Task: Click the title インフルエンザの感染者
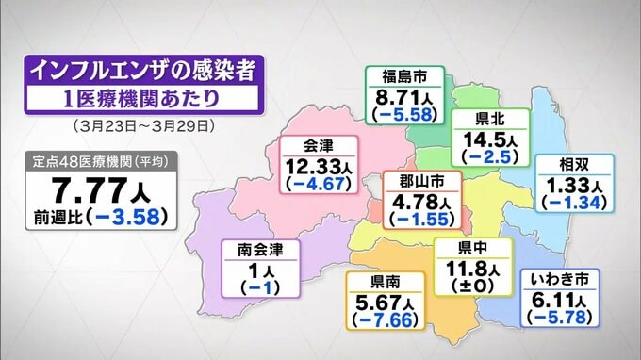(142, 69)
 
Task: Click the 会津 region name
(320, 145)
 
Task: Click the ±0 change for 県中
(472, 286)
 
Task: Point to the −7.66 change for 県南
(382, 320)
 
